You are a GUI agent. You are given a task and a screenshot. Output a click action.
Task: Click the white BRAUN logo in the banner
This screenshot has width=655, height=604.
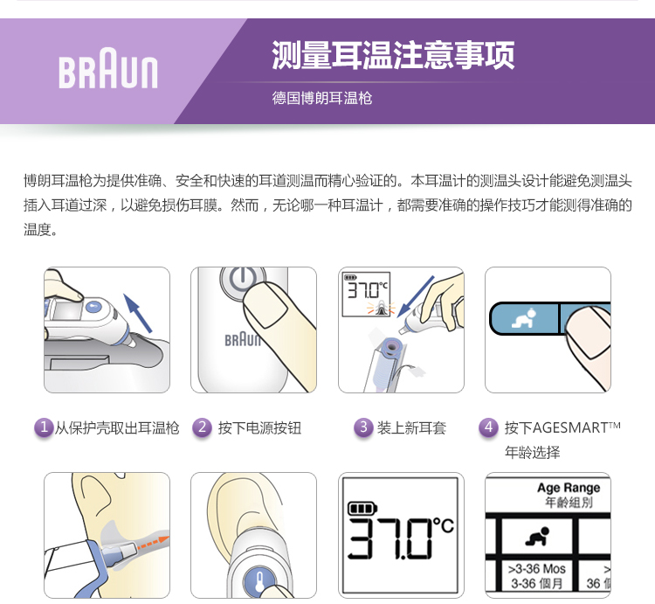pyautogui.click(x=108, y=68)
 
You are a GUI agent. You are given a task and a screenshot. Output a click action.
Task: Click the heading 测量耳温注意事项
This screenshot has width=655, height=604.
pyautogui.click(x=393, y=55)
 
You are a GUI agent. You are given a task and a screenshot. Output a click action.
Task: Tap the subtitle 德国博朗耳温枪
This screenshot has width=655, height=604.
pyautogui.click(x=322, y=98)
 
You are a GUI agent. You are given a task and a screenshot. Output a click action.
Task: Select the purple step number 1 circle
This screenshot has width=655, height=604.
pyautogui.click(x=44, y=427)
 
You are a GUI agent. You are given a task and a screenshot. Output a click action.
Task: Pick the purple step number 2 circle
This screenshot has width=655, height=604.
pyautogui.click(x=203, y=427)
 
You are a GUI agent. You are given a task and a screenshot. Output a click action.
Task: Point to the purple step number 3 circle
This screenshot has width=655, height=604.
pyautogui.click(x=363, y=427)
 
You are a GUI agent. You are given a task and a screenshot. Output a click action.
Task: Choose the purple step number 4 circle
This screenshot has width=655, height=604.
pyautogui.click(x=488, y=427)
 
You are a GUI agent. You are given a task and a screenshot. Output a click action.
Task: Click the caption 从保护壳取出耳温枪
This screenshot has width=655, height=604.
pyautogui.click(x=117, y=428)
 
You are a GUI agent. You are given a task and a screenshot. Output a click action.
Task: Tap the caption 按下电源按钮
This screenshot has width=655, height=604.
pyautogui.click(x=259, y=428)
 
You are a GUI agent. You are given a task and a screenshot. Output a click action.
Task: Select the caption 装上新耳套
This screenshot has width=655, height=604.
pyautogui.click(x=411, y=428)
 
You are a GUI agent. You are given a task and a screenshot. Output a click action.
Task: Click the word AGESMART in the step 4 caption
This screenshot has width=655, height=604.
pyautogui.click(x=570, y=428)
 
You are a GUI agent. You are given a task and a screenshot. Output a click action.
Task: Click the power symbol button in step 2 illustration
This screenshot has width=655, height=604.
pyautogui.click(x=243, y=279)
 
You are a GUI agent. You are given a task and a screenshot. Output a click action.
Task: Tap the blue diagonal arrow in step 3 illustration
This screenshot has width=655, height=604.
pyautogui.click(x=416, y=296)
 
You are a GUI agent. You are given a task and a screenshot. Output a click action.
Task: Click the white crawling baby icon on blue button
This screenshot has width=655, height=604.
pyautogui.click(x=524, y=318)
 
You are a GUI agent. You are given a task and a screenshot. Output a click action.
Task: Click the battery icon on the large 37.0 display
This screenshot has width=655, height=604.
pyautogui.click(x=362, y=509)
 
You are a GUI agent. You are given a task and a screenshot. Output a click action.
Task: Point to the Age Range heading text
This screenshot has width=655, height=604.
pyautogui.click(x=569, y=488)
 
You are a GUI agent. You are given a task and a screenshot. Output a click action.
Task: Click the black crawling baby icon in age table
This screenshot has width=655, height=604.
pyautogui.click(x=538, y=537)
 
